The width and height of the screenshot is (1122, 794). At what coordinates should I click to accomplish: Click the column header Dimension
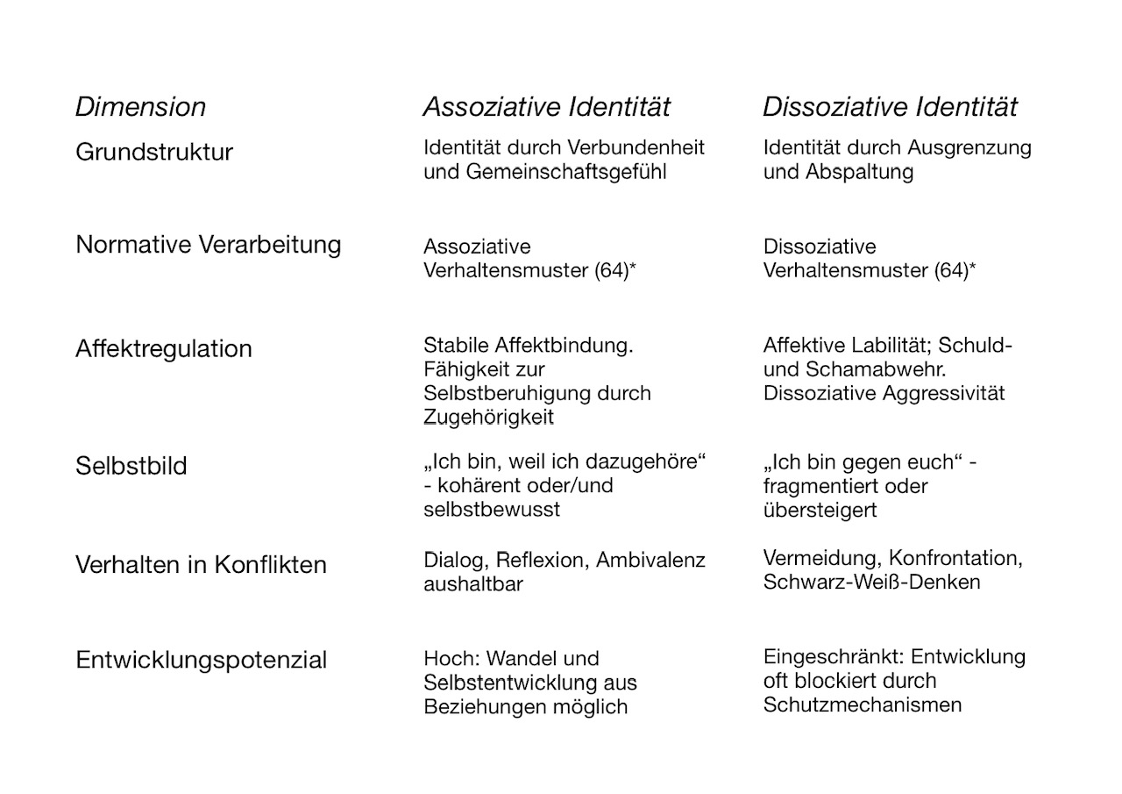tap(140, 107)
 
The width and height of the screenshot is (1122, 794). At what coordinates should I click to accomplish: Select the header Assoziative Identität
tap(546, 107)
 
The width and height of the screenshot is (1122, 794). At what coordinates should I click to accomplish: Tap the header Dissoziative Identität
tap(890, 107)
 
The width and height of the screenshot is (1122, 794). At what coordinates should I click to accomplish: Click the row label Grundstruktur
tap(154, 152)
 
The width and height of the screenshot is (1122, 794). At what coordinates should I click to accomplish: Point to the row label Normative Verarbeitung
tap(208, 244)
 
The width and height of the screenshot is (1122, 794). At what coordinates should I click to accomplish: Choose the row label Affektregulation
tap(163, 348)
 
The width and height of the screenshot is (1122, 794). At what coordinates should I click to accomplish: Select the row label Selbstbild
tap(131, 465)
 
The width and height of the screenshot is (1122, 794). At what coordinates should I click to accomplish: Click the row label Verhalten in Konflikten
tap(201, 564)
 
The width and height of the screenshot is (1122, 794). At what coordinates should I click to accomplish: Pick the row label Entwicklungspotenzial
tap(201, 660)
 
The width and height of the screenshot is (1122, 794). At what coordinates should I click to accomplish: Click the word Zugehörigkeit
tap(488, 418)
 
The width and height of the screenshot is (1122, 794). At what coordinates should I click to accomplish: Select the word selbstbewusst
tap(491, 509)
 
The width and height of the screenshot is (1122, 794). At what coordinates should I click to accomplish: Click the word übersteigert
tap(820, 510)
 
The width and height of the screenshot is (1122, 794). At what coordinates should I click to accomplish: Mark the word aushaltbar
tap(472, 583)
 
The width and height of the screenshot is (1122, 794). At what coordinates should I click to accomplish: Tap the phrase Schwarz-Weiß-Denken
tap(871, 582)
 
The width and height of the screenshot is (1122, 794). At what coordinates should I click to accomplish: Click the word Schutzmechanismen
tap(862, 705)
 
